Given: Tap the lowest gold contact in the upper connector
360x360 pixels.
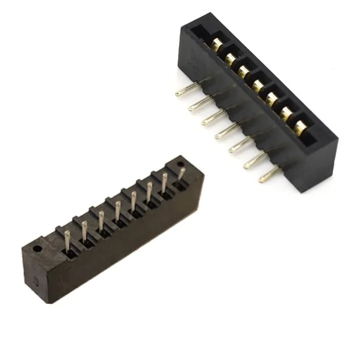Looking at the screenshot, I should coord(300,127).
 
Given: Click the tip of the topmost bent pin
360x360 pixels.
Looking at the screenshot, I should coord(178,92).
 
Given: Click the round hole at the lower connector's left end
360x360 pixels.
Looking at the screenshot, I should coord(36,249).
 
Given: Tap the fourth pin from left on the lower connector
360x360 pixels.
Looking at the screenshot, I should coord(117,212).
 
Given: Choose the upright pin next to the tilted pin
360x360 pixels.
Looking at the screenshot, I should coord(166,183).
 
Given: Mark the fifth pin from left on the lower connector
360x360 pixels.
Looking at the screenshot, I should coord(133,202).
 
